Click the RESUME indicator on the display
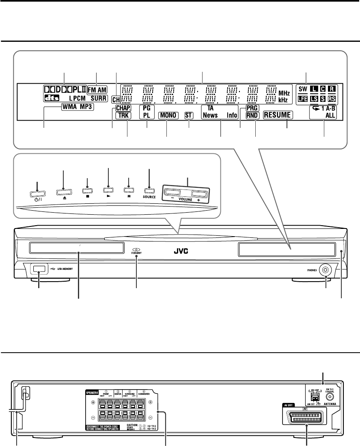pos(278,115)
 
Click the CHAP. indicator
pos(122,108)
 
